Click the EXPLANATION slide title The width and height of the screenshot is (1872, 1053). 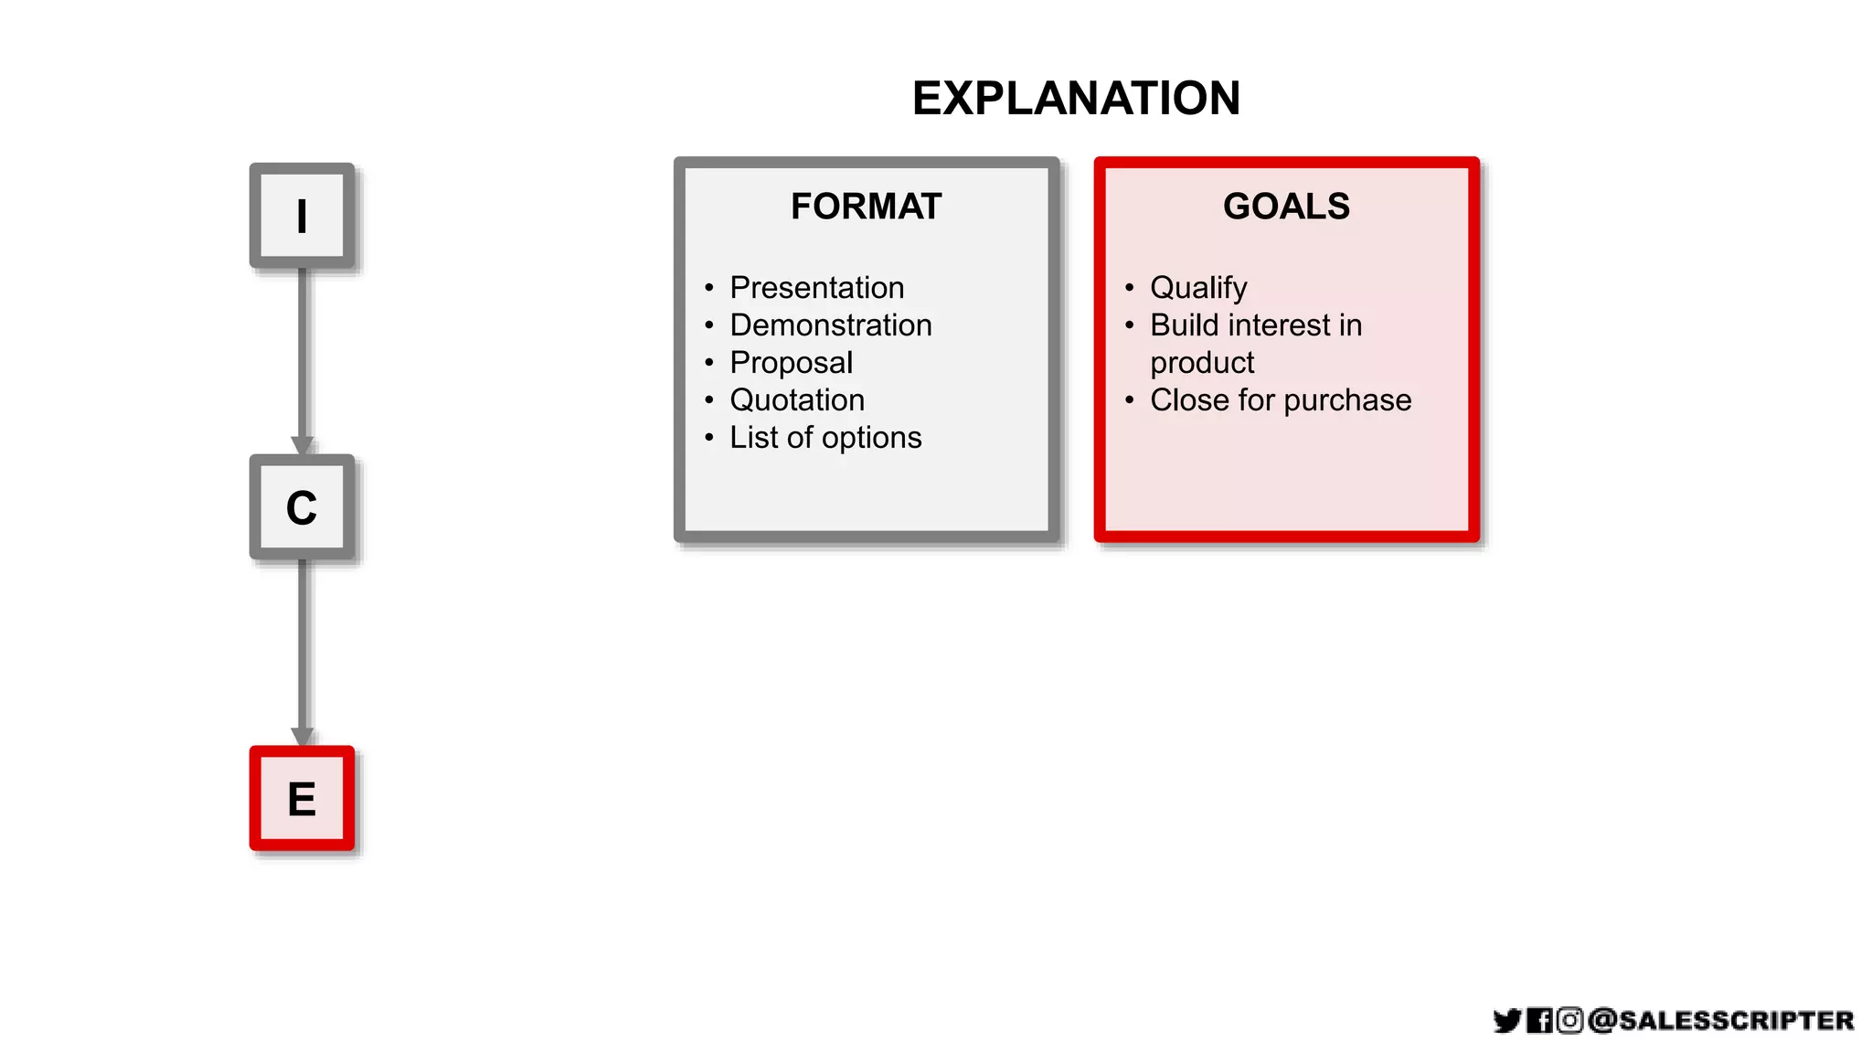(1076, 98)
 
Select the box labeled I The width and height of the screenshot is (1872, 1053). (302, 216)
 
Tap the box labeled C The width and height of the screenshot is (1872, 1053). (302, 507)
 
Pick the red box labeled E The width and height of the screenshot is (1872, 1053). (302, 798)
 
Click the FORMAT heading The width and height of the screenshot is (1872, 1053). (866, 207)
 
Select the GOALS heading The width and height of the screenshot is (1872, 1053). (1286, 207)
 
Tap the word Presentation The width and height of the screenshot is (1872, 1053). (816, 288)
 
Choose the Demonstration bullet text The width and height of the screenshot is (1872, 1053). (830, 325)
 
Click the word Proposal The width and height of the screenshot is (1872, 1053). (791, 363)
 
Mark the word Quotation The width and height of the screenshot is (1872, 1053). (797, 400)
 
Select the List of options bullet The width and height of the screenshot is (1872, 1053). (825, 438)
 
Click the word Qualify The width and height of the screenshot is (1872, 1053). (1198, 288)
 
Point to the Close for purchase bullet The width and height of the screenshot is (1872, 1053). (1281, 400)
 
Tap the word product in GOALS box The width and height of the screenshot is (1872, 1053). (1202, 363)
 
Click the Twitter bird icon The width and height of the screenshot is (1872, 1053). (1507, 1020)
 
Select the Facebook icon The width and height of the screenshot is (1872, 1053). (1539, 1020)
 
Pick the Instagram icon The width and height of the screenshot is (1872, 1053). (1569, 1020)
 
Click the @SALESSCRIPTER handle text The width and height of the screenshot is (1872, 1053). (1721, 1020)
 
